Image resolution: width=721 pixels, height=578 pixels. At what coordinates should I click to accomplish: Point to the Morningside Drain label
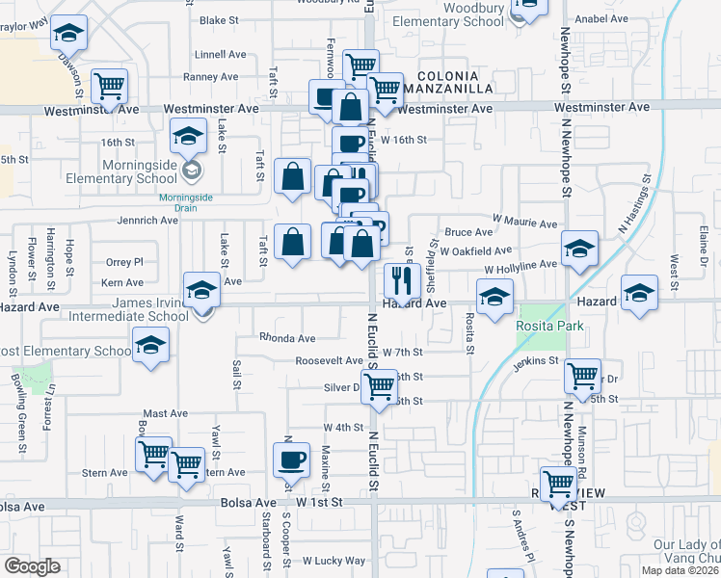[x=192, y=199]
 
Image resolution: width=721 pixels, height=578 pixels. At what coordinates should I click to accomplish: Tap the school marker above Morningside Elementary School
[x=189, y=136]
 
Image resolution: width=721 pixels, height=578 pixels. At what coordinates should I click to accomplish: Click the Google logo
[x=32, y=566]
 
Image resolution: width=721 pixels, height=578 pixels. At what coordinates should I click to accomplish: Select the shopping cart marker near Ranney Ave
[x=110, y=85]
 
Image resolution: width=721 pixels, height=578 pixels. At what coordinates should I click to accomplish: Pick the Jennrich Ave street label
[x=148, y=221]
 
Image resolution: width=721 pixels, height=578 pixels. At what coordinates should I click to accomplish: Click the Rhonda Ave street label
[x=287, y=338]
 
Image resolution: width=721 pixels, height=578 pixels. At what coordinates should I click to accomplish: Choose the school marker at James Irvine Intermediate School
[x=201, y=289]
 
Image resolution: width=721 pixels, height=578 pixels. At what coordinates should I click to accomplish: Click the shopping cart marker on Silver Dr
[x=380, y=386]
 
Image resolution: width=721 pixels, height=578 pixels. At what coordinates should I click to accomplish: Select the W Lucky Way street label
[x=334, y=560]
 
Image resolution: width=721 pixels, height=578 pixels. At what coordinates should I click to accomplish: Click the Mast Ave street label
[x=165, y=413]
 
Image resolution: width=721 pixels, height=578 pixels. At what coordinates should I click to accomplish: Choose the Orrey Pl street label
[x=124, y=262]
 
